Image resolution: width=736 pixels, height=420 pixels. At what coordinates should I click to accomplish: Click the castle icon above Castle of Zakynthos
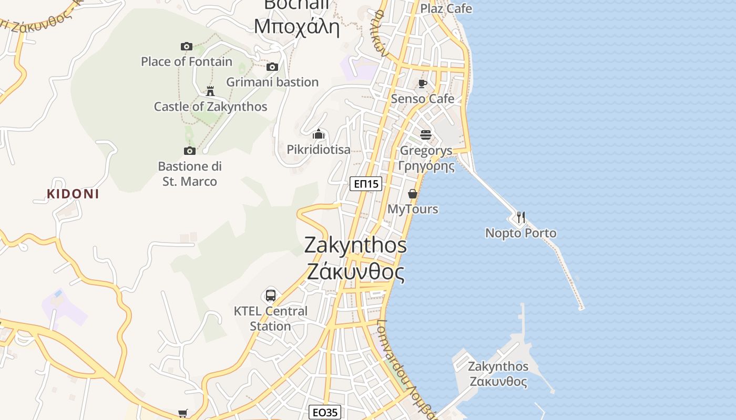[x=210, y=91]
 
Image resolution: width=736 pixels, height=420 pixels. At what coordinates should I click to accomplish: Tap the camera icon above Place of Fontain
[x=186, y=46]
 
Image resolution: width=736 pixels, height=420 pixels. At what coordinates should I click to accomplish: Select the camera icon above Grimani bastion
[x=272, y=67]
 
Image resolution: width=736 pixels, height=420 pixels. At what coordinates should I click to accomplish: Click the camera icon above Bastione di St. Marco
[x=190, y=151]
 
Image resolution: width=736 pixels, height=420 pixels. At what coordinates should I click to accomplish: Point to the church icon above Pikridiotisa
[x=318, y=134]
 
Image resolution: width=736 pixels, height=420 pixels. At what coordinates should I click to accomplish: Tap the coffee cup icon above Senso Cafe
[x=422, y=83]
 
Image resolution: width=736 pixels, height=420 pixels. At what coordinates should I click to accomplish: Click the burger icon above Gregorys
[x=426, y=135]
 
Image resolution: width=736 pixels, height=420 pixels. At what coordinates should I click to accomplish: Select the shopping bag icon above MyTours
[x=413, y=194]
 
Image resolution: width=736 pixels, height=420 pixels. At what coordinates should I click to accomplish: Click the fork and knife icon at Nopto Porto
[x=520, y=217]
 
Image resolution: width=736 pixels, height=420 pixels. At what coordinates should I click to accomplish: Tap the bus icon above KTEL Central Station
[x=271, y=295]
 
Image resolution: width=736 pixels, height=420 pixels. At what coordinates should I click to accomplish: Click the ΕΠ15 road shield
[x=366, y=184]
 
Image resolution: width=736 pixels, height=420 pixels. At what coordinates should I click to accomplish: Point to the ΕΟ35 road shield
[x=325, y=412]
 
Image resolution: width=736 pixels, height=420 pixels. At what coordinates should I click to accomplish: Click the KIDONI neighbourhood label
[x=73, y=194]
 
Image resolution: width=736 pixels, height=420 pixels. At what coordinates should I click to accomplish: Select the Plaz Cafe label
[x=446, y=8]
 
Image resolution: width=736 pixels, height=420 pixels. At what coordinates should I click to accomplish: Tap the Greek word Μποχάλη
[x=297, y=25]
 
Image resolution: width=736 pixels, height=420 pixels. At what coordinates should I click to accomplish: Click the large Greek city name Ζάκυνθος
[x=355, y=272]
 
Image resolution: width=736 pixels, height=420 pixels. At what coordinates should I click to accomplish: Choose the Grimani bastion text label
[x=272, y=82]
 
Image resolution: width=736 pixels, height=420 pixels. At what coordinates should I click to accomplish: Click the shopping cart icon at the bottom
[x=182, y=413]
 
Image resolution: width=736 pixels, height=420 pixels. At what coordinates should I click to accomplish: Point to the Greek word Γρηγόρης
[x=426, y=166]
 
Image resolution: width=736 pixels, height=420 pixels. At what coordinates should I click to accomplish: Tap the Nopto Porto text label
[x=520, y=233]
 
